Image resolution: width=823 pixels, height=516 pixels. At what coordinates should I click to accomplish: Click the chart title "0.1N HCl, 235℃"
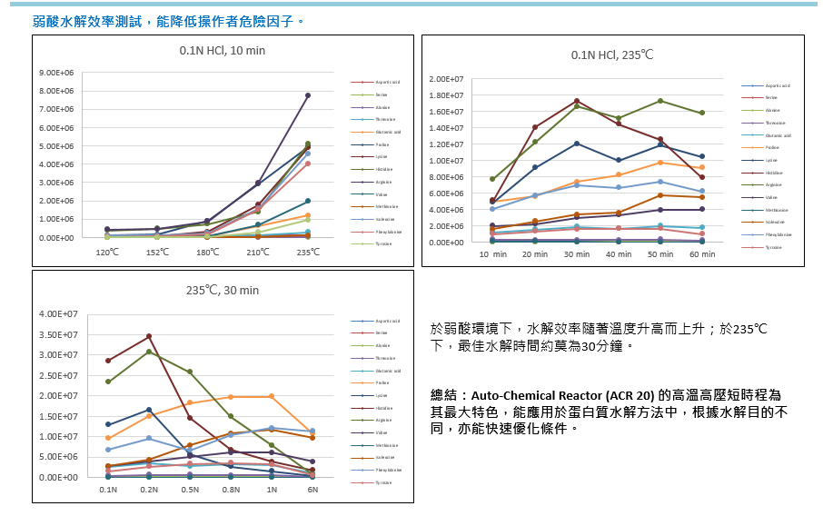tap(612, 55)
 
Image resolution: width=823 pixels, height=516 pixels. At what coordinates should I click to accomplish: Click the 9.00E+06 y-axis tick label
tap(56, 73)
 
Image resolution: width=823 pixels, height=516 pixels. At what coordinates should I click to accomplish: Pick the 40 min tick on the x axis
tap(619, 254)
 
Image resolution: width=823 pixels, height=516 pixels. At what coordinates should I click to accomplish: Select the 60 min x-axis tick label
tap(702, 254)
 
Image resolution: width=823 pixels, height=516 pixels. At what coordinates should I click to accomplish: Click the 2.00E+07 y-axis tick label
tap(447, 79)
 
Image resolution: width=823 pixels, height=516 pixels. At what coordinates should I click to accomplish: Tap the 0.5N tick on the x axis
tap(189, 490)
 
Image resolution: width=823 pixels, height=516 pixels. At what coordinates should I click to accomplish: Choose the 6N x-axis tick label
tap(312, 490)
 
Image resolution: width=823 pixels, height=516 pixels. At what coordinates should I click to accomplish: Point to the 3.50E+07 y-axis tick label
tap(59, 334)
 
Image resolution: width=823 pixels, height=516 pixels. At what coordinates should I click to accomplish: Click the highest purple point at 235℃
tap(308, 95)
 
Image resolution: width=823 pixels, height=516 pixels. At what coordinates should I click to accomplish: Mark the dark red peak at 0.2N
tap(149, 336)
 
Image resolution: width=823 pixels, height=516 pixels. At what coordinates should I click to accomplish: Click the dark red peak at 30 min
tap(577, 101)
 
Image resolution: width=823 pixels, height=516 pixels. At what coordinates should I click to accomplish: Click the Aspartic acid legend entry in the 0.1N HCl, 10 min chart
tap(386, 83)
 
